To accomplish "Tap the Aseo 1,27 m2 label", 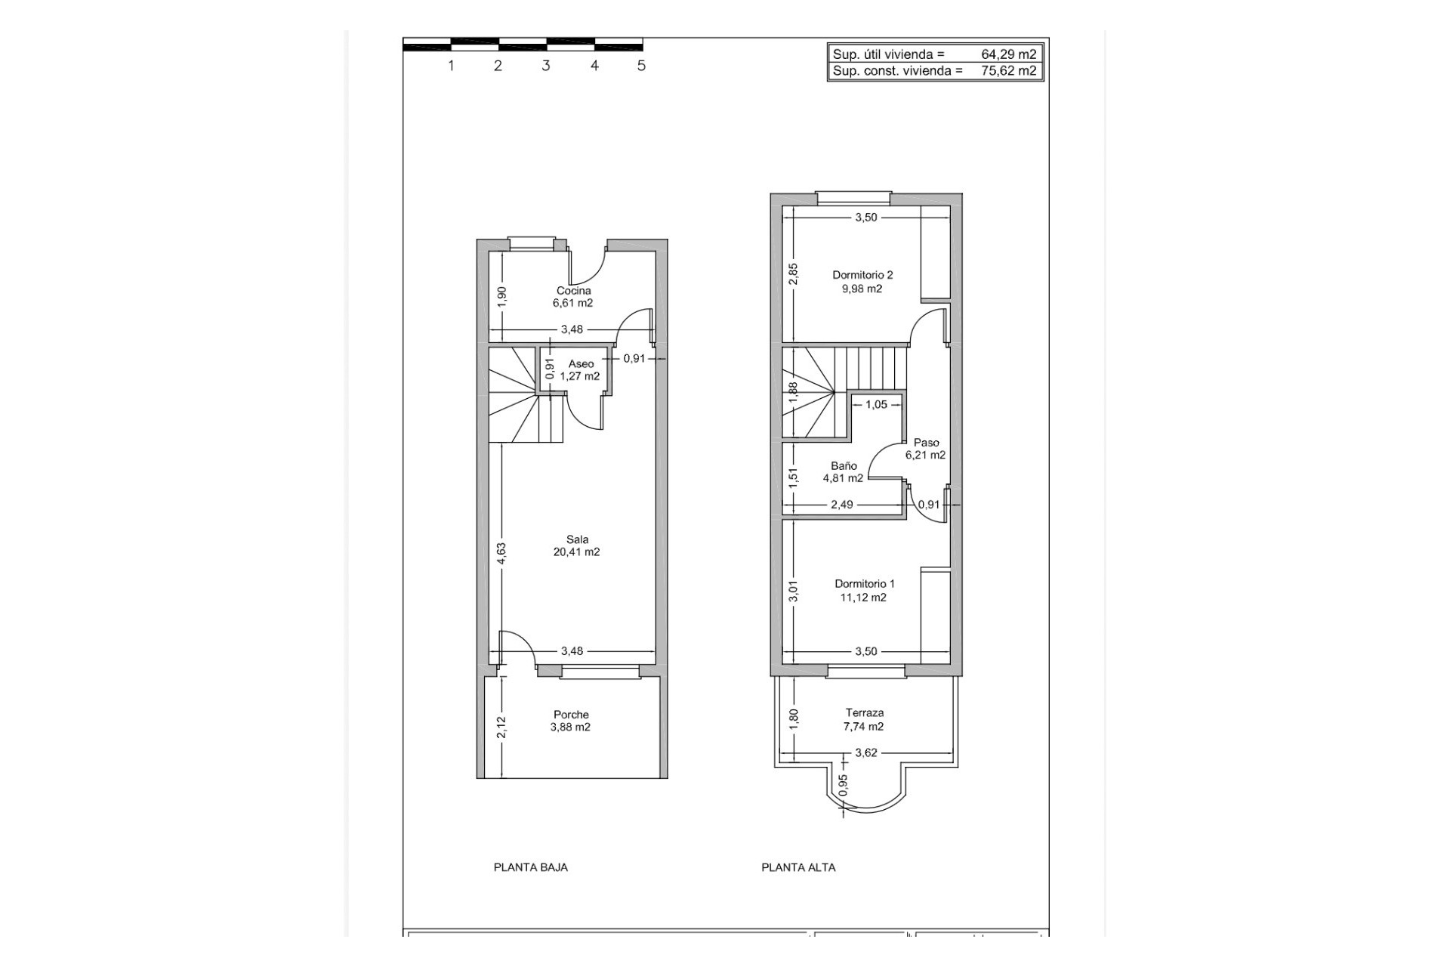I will [x=580, y=370].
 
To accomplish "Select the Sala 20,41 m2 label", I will [x=577, y=545].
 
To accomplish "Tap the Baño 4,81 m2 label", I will [x=843, y=472].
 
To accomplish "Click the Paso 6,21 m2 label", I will [x=926, y=449].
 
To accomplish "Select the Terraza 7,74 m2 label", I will [x=864, y=719].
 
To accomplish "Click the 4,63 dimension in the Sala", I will [x=501, y=554].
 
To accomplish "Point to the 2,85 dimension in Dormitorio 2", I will [x=793, y=273].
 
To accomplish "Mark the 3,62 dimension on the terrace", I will [x=865, y=752].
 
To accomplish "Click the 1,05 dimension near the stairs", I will [x=876, y=405].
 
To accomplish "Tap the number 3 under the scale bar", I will [x=546, y=66].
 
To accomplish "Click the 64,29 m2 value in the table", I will [x=1008, y=54].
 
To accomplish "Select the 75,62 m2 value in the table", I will [x=1008, y=71].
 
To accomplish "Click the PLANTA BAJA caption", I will [x=530, y=867].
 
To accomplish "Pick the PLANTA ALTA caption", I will [x=798, y=867].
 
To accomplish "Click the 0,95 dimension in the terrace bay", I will [x=844, y=785].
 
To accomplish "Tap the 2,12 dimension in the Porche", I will [x=501, y=727].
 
